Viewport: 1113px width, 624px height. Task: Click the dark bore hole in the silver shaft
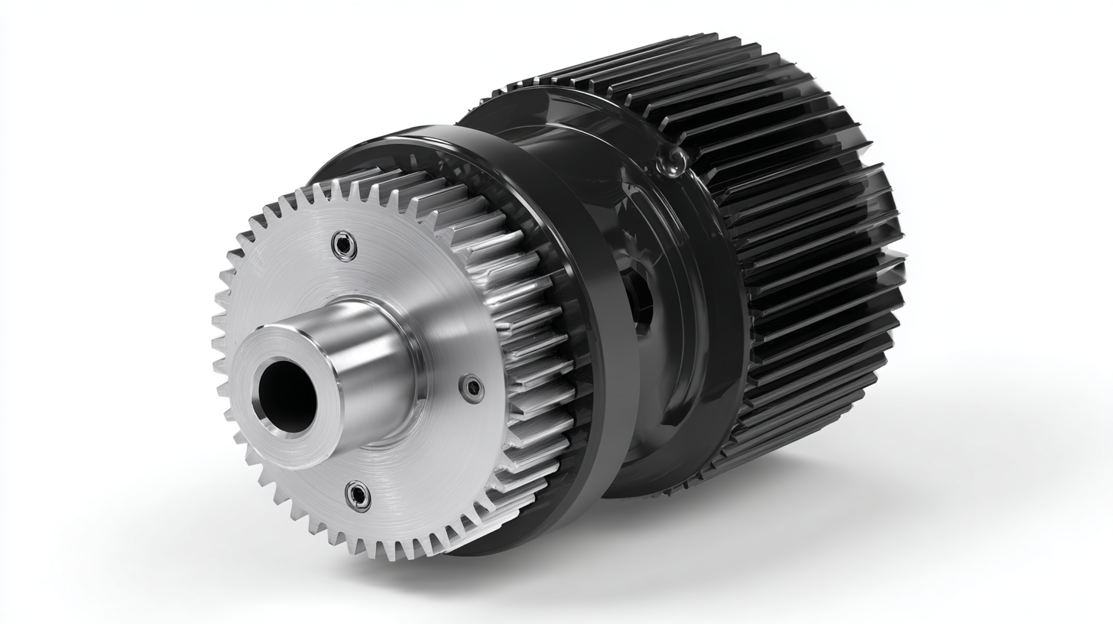click(x=287, y=396)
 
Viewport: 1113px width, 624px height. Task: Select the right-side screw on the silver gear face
click(x=472, y=388)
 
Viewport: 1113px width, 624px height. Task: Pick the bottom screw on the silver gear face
click(x=358, y=496)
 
